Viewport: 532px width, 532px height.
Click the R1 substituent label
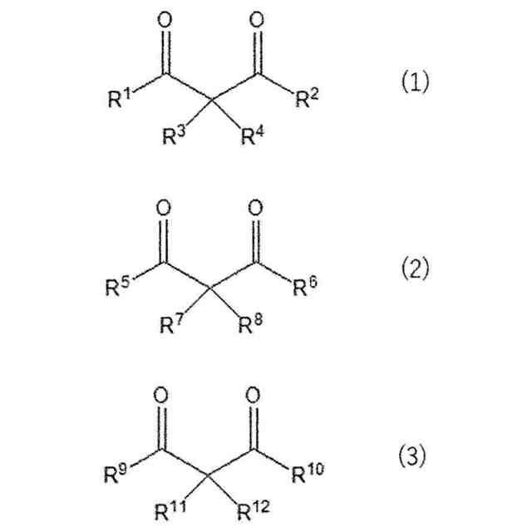pyautogui.click(x=121, y=101)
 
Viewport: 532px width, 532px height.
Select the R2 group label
pyautogui.click(x=308, y=101)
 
